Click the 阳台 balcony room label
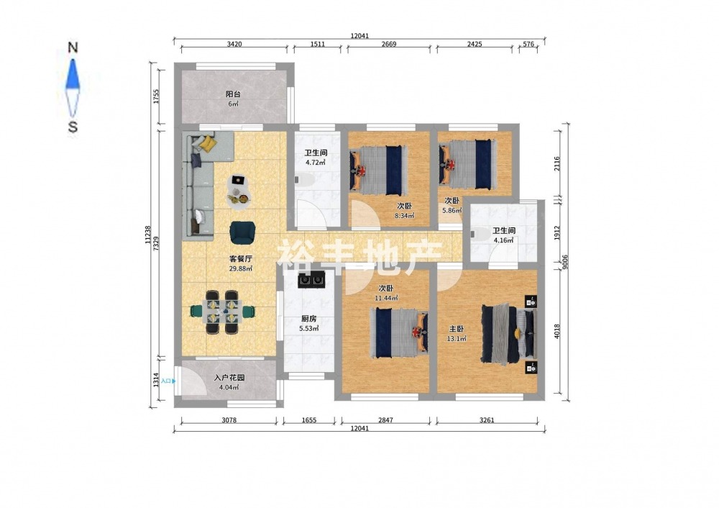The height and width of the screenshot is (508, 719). pos(233,94)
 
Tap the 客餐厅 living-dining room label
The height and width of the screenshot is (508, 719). pos(241,259)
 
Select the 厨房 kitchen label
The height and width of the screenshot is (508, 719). pos(308,319)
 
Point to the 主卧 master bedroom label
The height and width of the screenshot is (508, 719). pos(457,329)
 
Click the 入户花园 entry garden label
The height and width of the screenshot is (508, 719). pos(229,378)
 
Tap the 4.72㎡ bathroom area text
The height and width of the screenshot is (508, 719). pos(316,163)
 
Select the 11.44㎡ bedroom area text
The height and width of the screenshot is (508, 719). pos(386,298)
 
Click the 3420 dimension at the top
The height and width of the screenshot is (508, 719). pos(234,44)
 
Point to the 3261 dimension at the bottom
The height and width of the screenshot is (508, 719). pos(487,420)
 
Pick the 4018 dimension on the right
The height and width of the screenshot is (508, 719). pos(557,331)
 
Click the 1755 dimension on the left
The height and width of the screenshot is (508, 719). pos(156,96)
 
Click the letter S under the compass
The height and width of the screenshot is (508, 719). pos(73,127)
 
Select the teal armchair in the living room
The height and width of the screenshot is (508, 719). pos(242,232)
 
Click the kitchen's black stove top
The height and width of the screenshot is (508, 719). pos(312,279)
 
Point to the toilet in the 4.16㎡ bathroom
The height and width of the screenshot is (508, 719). pos(479,234)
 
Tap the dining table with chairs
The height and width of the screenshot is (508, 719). pos(222,312)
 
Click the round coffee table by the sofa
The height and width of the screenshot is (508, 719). pos(239,192)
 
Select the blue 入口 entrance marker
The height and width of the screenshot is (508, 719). pos(168,381)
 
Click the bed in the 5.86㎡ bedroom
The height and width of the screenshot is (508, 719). pos(468,164)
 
